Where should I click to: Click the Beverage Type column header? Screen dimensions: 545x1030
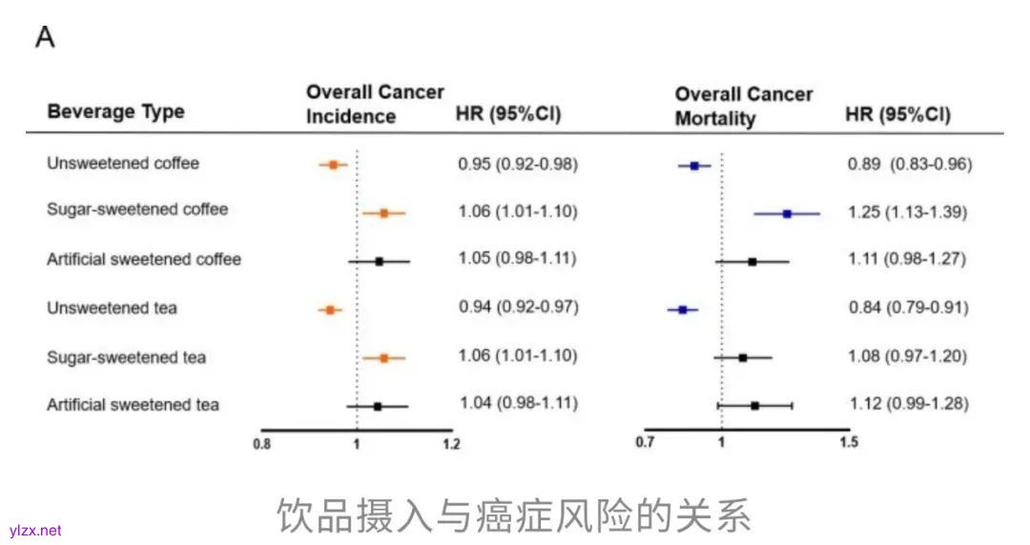[x=115, y=111]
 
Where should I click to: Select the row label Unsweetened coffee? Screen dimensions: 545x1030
[x=123, y=163]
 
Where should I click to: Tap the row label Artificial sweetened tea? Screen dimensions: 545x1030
[x=133, y=405]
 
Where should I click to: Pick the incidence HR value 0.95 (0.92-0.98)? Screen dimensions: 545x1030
[x=517, y=164]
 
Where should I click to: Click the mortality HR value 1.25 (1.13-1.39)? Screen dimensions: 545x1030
[x=907, y=212]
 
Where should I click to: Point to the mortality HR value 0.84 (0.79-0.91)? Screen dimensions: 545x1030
[x=908, y=308]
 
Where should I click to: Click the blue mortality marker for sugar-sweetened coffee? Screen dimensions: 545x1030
[x=787, y=213]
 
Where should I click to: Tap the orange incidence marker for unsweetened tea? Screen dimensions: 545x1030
[x=330, y=310]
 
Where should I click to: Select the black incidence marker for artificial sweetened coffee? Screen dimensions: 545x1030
[x=379, y=261]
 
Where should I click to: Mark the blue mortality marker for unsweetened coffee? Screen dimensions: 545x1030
[x=694, y=166]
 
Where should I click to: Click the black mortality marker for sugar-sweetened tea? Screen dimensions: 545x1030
[x=742, y=357]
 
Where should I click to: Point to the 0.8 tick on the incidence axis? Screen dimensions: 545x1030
[x=261, y=444]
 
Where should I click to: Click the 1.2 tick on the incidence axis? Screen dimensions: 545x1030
[x=451, y=444]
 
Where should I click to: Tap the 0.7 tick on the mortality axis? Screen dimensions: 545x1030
[x=646, y=443]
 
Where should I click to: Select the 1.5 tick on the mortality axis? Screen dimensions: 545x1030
[x=845, y=443]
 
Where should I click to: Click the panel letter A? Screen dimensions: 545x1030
[x=45, y=37]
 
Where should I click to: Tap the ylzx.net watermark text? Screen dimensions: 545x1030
[x=34, y=531]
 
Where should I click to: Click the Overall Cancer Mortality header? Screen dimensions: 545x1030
[x=744, y=106]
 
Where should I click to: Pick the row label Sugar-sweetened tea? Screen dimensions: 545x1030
[x=126, y=357]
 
